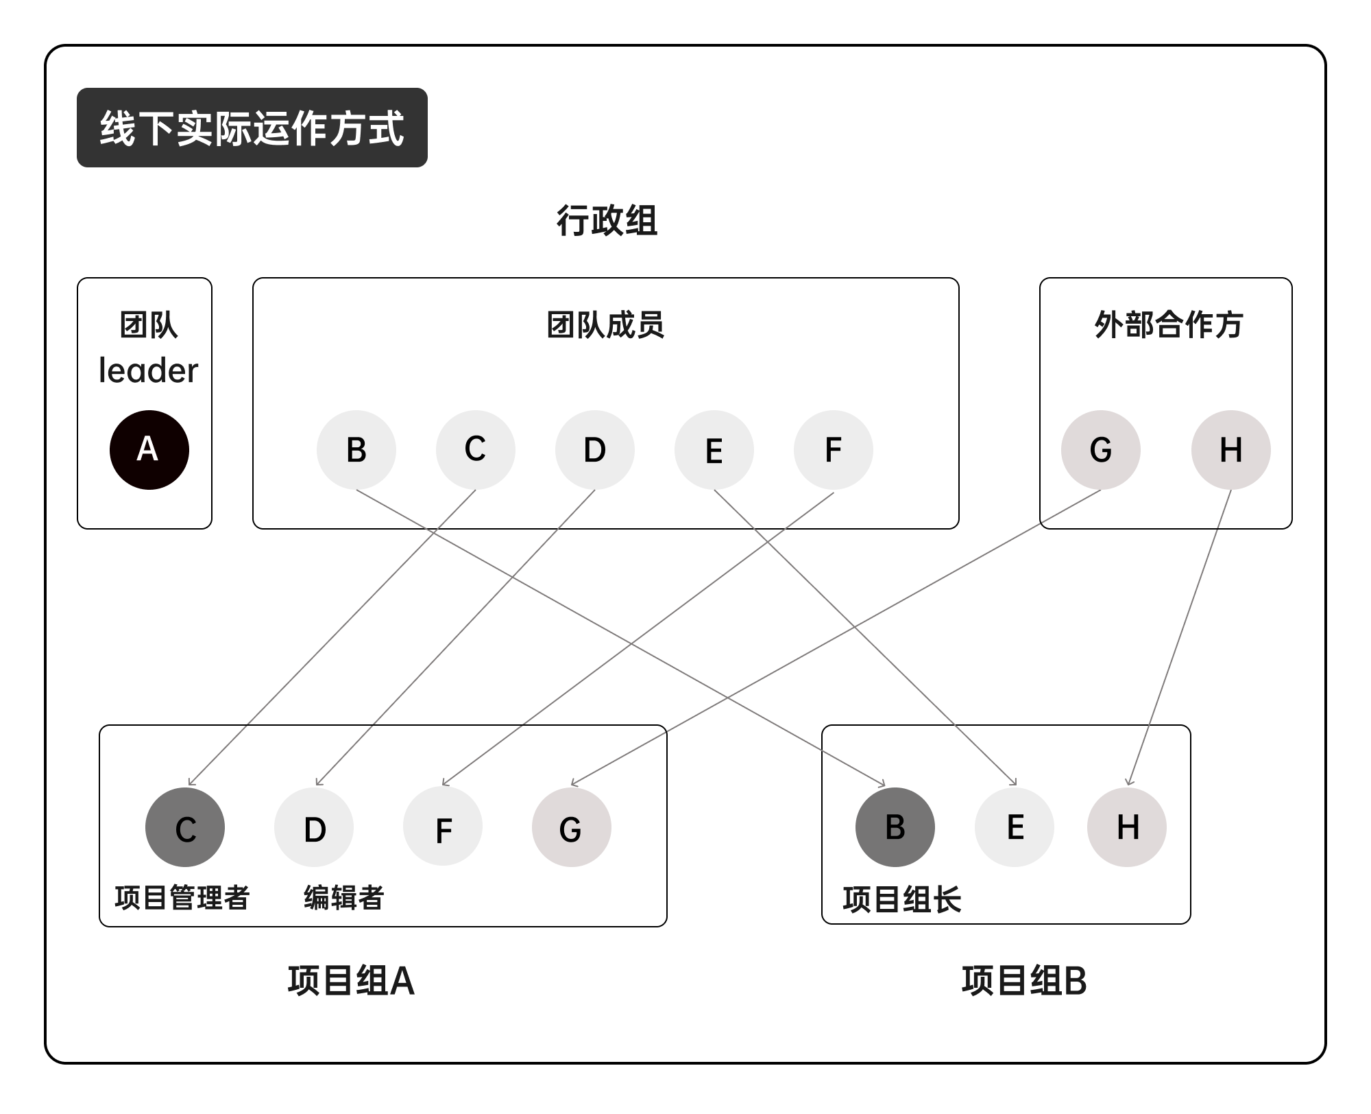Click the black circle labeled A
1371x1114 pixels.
pos(149,450)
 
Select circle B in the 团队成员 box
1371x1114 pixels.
pos(356,450)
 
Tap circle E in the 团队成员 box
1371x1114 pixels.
pos(714,450)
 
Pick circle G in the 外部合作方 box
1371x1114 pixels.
pos(1101,450)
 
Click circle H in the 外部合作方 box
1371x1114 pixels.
pos(1231,450)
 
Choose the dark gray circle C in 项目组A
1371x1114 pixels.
pos(185,827)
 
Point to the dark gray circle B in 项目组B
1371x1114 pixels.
pos(895,827)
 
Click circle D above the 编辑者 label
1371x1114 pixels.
pos(314,827)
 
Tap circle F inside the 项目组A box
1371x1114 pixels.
pos(443,827)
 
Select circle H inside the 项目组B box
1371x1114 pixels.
pos(1127,827)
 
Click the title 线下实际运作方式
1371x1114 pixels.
pos(252,128)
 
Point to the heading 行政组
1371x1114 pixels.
pos(607,221)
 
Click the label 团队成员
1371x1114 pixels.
pos(605,324)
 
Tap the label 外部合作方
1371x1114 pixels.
pos(1168,324)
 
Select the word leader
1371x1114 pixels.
pos(148,370)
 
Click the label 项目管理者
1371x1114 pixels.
pos(182,897)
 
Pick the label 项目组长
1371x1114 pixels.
pos(902,900)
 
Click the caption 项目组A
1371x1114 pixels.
pos(351,981)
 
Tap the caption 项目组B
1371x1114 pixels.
pos(1024,981)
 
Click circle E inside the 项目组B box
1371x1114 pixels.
pos(1015,827)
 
